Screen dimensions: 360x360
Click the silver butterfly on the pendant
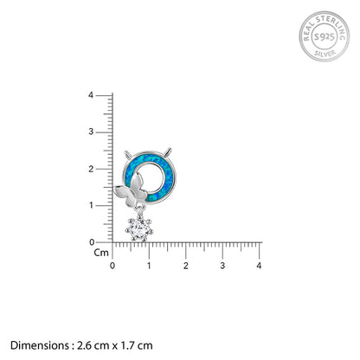131,191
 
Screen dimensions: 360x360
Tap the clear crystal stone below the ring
139,229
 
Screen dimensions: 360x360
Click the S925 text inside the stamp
325,36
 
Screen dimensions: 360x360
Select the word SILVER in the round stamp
325,54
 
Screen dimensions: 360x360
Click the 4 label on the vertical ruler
91,95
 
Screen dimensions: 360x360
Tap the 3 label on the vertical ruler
91,132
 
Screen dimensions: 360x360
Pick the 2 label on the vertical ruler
91,169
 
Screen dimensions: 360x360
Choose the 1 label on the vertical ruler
92,205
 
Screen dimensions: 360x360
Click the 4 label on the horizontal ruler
259,266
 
